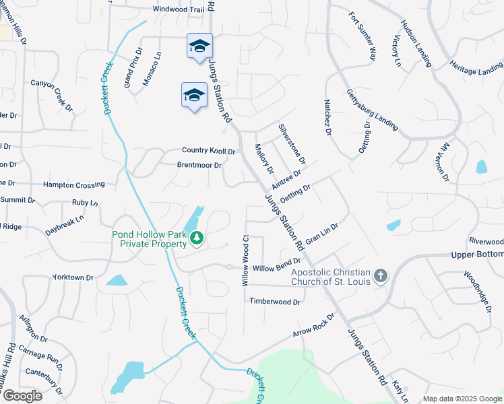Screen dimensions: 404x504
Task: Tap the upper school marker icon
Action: pos(199,46)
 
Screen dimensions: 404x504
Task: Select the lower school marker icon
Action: pos(194,95)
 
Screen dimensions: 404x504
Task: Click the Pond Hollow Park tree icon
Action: pos(197,238)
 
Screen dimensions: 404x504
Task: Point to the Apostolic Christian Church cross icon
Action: pos(380,275)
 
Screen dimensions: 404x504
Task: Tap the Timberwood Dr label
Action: pos(275,302)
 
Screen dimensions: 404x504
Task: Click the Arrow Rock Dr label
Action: pos(314,325)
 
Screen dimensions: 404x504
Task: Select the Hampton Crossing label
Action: pos(73,184)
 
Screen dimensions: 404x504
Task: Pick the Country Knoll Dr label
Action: pos(208,151)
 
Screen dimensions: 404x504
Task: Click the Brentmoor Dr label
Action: pos(199,165)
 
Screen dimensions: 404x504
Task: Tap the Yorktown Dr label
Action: pos(73,277)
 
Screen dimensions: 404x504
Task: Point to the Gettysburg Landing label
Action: pos(372,110)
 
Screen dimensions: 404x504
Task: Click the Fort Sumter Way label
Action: pos(362,36)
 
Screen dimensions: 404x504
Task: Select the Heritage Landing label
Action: pos(476,70)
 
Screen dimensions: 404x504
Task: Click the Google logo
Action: pos(22,396)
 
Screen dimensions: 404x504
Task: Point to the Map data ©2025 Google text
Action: pos(462,399)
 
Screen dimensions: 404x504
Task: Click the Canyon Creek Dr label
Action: pos(51,94)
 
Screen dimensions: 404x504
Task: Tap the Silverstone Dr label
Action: pos(292,143)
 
